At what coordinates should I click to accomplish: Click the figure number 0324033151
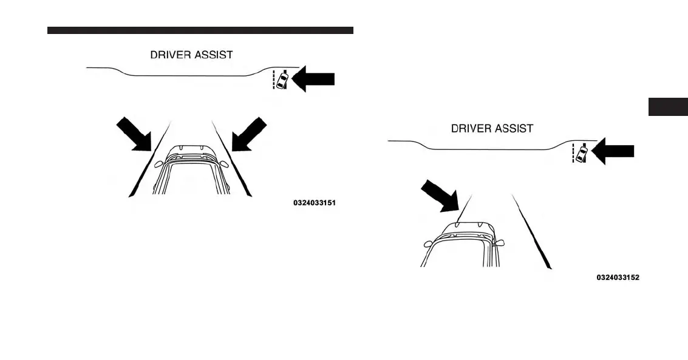(314, 203)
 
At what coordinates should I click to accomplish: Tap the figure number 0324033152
(618, 277)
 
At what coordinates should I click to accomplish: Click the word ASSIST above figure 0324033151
(214, 55)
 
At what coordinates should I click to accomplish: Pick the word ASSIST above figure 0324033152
(515, 129)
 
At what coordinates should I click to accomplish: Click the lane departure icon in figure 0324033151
(280, 80)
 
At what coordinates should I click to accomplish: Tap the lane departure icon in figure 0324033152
(580, 153)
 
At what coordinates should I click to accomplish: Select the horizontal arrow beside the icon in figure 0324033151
(313, 80)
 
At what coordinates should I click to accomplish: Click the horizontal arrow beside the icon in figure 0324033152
(613, 152)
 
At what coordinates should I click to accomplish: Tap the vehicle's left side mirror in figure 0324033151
(159, 163)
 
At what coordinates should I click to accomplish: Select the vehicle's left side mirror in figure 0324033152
(429, 243)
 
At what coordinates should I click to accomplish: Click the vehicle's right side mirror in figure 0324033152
(500, 243)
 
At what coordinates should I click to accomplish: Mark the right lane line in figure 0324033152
(533, 231)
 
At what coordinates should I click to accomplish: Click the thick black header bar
(200, 30)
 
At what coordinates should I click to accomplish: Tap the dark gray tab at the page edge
(668, 106)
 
